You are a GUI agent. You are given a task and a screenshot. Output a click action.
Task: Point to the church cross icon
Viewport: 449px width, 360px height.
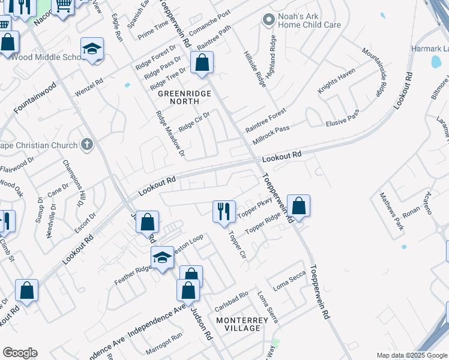click(87, 145)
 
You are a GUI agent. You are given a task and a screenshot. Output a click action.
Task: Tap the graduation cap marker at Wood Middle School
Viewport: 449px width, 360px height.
click(92, 49)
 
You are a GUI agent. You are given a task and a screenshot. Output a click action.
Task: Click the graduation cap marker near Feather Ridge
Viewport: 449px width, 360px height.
click(161, 258)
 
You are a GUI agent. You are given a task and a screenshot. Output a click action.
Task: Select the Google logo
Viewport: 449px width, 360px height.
click(20, 352)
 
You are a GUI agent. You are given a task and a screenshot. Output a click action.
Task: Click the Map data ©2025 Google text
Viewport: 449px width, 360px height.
click(412, 355)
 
